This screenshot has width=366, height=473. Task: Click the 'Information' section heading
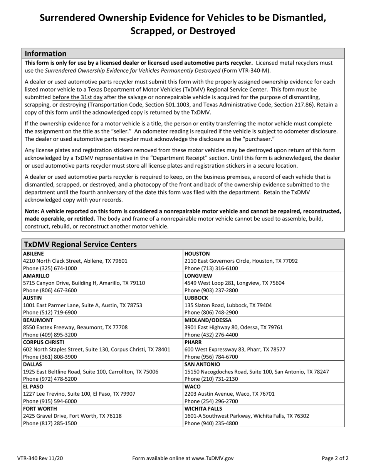pyautogui.click(x=45, y=53)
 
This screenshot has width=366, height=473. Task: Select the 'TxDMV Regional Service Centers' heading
pyautogui.click(x=80, y=244)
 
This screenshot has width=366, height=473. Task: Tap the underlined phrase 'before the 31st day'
pyautogui.click(x=77, y=97)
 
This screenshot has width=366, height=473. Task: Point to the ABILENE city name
pyautogui.click(x=34, y=254)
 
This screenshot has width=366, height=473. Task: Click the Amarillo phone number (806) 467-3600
pyautogui.click(x=50, y=290)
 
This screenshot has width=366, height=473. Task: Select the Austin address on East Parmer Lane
pyautogui.click(x=82, y=305)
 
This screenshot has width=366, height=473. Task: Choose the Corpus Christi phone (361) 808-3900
pyautogui.click(x=50, y=357)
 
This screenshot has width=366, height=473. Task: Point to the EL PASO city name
pyautogui.click(x=34, y=386)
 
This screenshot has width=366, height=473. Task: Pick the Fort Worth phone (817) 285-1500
pyautogui.click(x=50, y=423)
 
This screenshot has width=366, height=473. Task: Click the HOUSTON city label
pyautogui.click(x=197, y=254)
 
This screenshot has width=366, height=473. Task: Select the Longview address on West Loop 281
pyautogui.click(x=235, y=283)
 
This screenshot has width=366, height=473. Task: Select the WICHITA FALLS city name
pyautogui.click(x=203, y=409)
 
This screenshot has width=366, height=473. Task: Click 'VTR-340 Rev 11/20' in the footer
pyautogui.click(x=40, y=458)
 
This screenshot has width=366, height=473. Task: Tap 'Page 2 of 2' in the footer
pyautogui.click(x=335, y=458)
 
